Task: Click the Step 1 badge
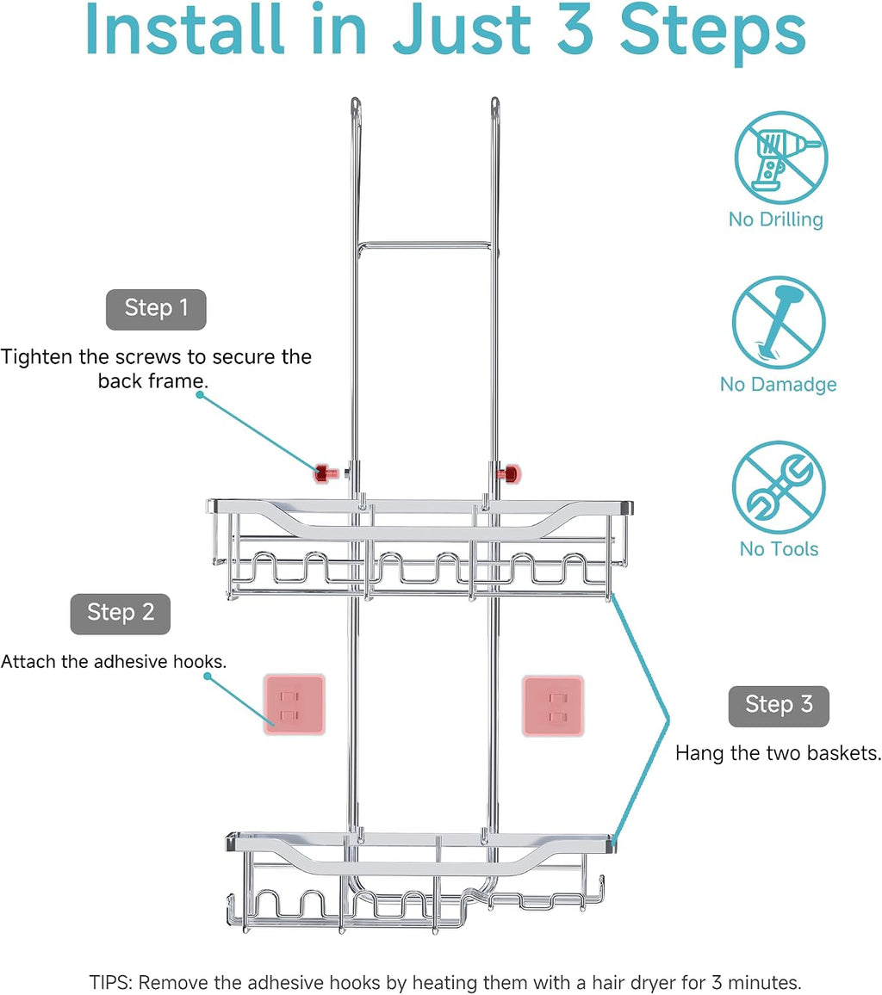tap(156, 310)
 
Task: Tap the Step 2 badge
tap(121, 615)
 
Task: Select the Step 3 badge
tap(780, 707)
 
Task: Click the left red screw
tap(327, 473)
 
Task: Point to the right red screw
tap(509, 473)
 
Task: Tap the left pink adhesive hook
tap(295, 705)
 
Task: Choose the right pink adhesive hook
tap(553, 707)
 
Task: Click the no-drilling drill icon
tap(781, 158)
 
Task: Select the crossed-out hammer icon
tap(780, 323)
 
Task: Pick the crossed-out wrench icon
tap(780, 487)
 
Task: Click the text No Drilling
tap(776, 219)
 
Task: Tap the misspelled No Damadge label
tap(779, 385)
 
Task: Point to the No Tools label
tap(780, 549)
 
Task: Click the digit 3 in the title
tap(576, 30)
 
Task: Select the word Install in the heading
tap(185, 29)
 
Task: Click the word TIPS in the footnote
tap(110, 982)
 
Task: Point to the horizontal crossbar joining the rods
tap(425, 244)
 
